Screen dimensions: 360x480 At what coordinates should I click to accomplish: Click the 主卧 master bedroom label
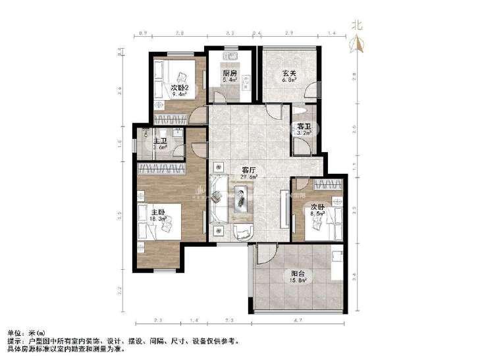tap(157, 213)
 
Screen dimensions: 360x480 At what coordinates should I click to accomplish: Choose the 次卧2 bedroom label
tap(180, 87)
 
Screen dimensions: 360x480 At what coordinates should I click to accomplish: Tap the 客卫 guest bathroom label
tap(304, 126)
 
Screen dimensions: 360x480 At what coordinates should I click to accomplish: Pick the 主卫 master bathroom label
tap(159, 141)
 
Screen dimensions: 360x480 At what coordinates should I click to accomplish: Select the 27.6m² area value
tap(248, 177)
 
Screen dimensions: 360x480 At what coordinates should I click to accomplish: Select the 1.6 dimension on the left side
tap(120, 141)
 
